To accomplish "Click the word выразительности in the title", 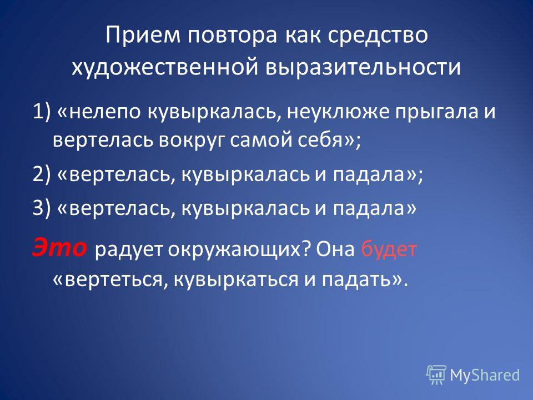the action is click(x=363, y=67).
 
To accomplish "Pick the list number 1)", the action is click(x=42, y=112).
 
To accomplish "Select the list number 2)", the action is click(x=42, y=174).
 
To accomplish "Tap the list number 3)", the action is click(x=42, y=208).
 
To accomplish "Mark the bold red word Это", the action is click(x=59, y=247).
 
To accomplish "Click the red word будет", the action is click(x=389, y=249).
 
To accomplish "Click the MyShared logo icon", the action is click(x=436, y=375).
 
